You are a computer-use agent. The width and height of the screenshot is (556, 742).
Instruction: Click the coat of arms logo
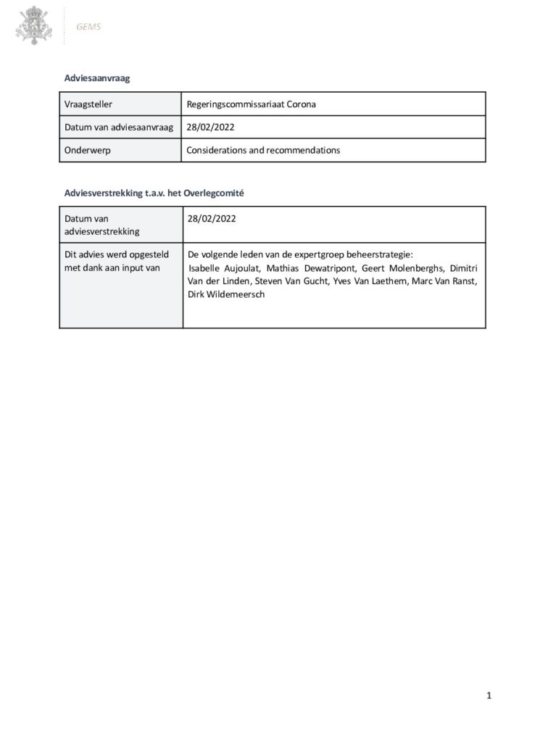pos(34,25)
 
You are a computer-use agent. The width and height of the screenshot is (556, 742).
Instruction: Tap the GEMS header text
pos(88,27)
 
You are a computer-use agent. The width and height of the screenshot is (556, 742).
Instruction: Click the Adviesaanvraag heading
pos(97,78)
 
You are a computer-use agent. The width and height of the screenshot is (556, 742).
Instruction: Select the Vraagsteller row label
pos(88,104)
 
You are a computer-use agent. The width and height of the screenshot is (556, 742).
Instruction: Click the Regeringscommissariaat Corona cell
pos(251,104)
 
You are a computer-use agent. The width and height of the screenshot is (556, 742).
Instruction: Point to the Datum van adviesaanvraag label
pos(119,128)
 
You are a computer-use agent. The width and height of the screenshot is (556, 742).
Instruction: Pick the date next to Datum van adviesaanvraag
pos(210,128)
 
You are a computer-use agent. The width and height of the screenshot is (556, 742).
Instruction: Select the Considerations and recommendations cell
pos(263,151)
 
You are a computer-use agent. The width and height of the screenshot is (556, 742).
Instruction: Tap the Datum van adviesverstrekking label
pos(101,225)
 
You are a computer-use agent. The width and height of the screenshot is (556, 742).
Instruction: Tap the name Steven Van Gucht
pos(291,281)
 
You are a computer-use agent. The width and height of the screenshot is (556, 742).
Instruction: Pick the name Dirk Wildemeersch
pos(226,294)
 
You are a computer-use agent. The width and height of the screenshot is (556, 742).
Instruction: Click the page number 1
pos(489,696)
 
